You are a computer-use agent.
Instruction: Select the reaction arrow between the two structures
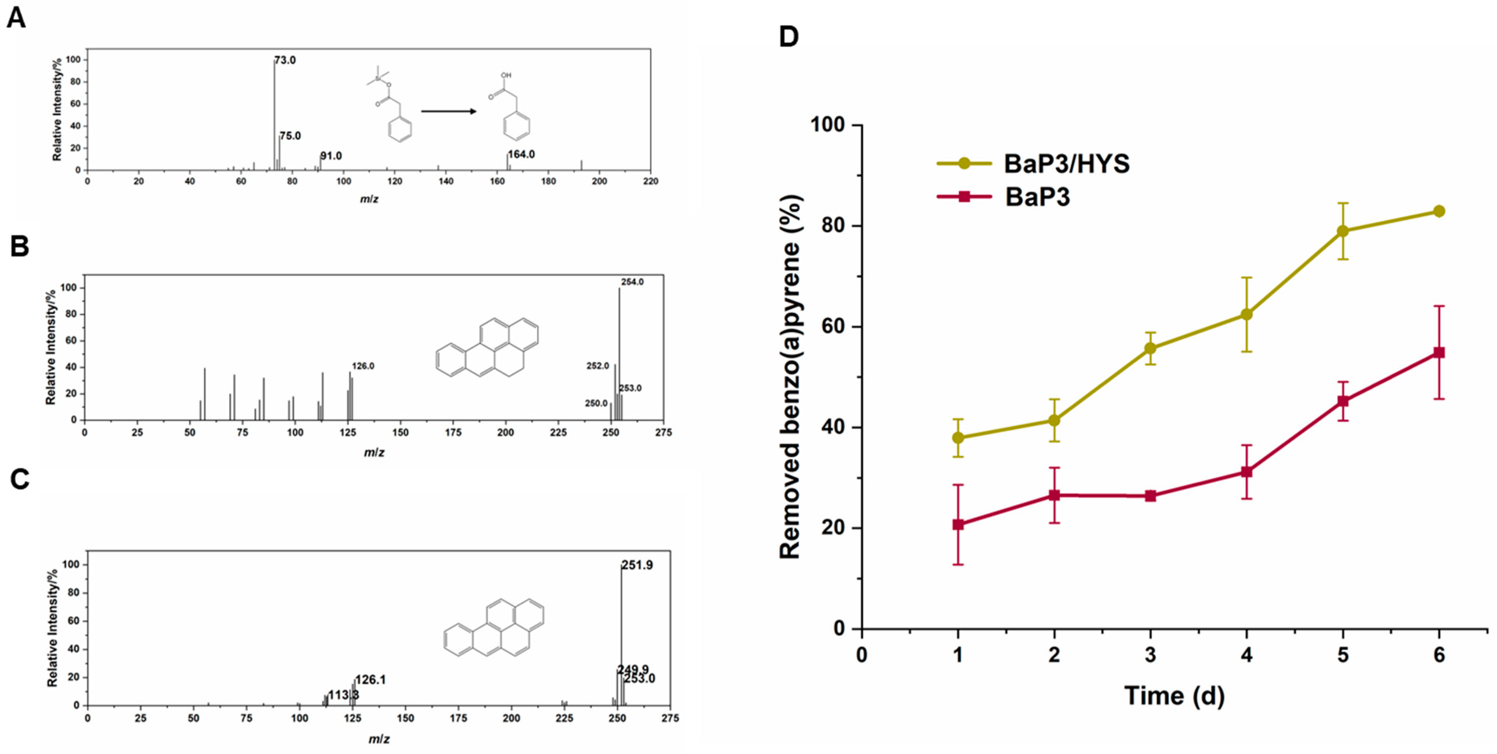[x=448, y=111]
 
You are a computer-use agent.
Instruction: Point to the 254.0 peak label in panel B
[x=632, y=282]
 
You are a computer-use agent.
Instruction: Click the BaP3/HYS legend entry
[x=1066, y=164]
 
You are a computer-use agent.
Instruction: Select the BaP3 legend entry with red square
[x=1037, y=197]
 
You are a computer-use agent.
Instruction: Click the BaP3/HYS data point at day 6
[x=1439, y=211]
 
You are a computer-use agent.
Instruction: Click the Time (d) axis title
[x=1174, y=696]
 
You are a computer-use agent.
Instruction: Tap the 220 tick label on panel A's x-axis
[x=650, y=181]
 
